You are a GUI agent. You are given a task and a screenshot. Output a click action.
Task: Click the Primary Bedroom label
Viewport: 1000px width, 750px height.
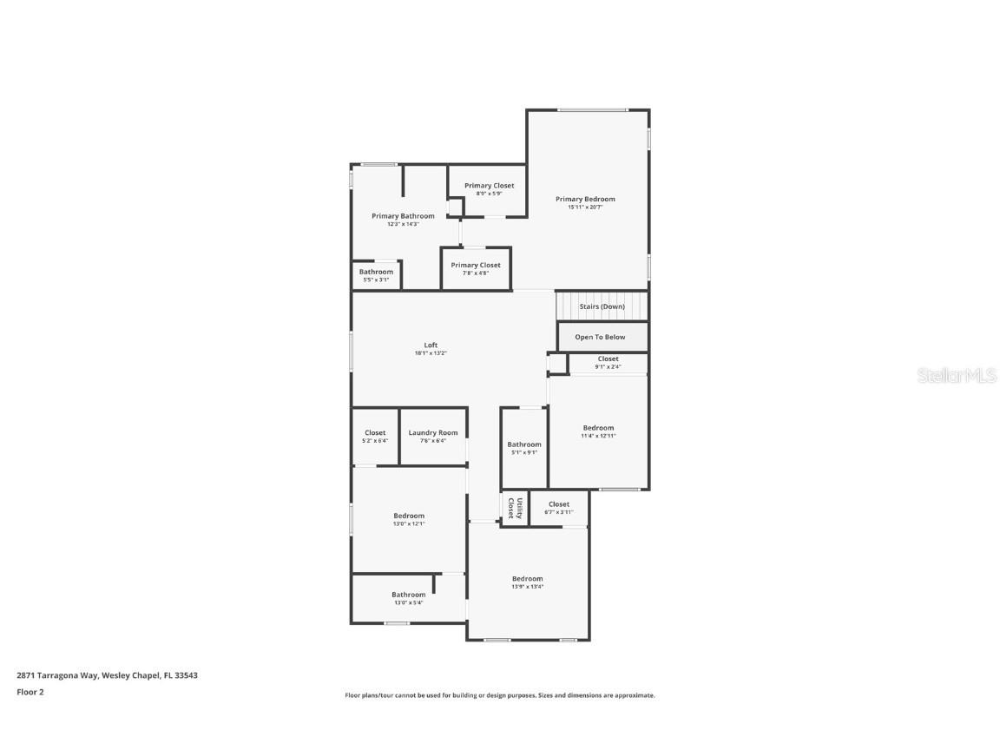(x=585, y=199)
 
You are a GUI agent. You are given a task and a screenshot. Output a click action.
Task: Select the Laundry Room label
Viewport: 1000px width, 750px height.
(x=433, y=432)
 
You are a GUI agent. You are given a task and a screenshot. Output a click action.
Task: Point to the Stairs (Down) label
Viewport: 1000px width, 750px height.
(x=602, y=306)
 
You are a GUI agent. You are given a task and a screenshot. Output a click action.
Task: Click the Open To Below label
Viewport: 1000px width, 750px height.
(x=600, y=337)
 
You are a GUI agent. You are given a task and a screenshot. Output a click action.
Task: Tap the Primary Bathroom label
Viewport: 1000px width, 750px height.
(x=403, y=216)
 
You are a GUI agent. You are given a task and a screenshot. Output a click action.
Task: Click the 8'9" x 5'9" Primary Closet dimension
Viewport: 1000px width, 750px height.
(x=489, y=194)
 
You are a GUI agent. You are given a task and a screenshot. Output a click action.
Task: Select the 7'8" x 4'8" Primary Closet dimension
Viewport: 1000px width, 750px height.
(x=476, y=273)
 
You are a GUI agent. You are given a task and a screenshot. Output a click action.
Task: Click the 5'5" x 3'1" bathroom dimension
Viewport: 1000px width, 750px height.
(x=376, y=280)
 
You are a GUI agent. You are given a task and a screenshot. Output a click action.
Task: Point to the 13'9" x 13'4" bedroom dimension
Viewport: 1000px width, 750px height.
(x=527, y=587)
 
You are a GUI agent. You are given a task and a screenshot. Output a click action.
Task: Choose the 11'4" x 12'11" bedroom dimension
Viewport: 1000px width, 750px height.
(x=598, y=436)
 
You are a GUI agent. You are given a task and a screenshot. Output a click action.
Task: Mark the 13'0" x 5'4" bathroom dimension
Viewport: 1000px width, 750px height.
(x=408, y=602)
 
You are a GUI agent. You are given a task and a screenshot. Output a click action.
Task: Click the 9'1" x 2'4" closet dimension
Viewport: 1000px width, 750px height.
(x=608, y=366)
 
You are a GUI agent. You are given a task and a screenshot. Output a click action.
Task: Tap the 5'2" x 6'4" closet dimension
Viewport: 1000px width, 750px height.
(x=375, y=441)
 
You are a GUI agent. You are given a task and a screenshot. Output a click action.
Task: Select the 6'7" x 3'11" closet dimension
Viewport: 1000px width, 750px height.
(x=559, y=512)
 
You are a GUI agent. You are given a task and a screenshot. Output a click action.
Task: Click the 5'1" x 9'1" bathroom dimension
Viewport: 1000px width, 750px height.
(x=524, y=452)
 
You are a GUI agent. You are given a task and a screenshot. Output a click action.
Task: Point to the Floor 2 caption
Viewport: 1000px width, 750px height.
(x=30, y=692)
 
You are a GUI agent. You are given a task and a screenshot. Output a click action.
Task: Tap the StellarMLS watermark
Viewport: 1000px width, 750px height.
(x=957, y=375)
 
